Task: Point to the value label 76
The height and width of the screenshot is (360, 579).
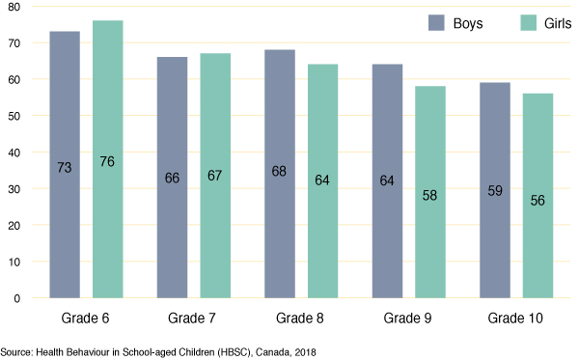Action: [107, 161]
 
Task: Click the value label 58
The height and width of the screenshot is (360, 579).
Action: [430, 195]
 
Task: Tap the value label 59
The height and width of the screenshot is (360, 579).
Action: [495, 191]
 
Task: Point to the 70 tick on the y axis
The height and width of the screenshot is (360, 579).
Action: [15, 43]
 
